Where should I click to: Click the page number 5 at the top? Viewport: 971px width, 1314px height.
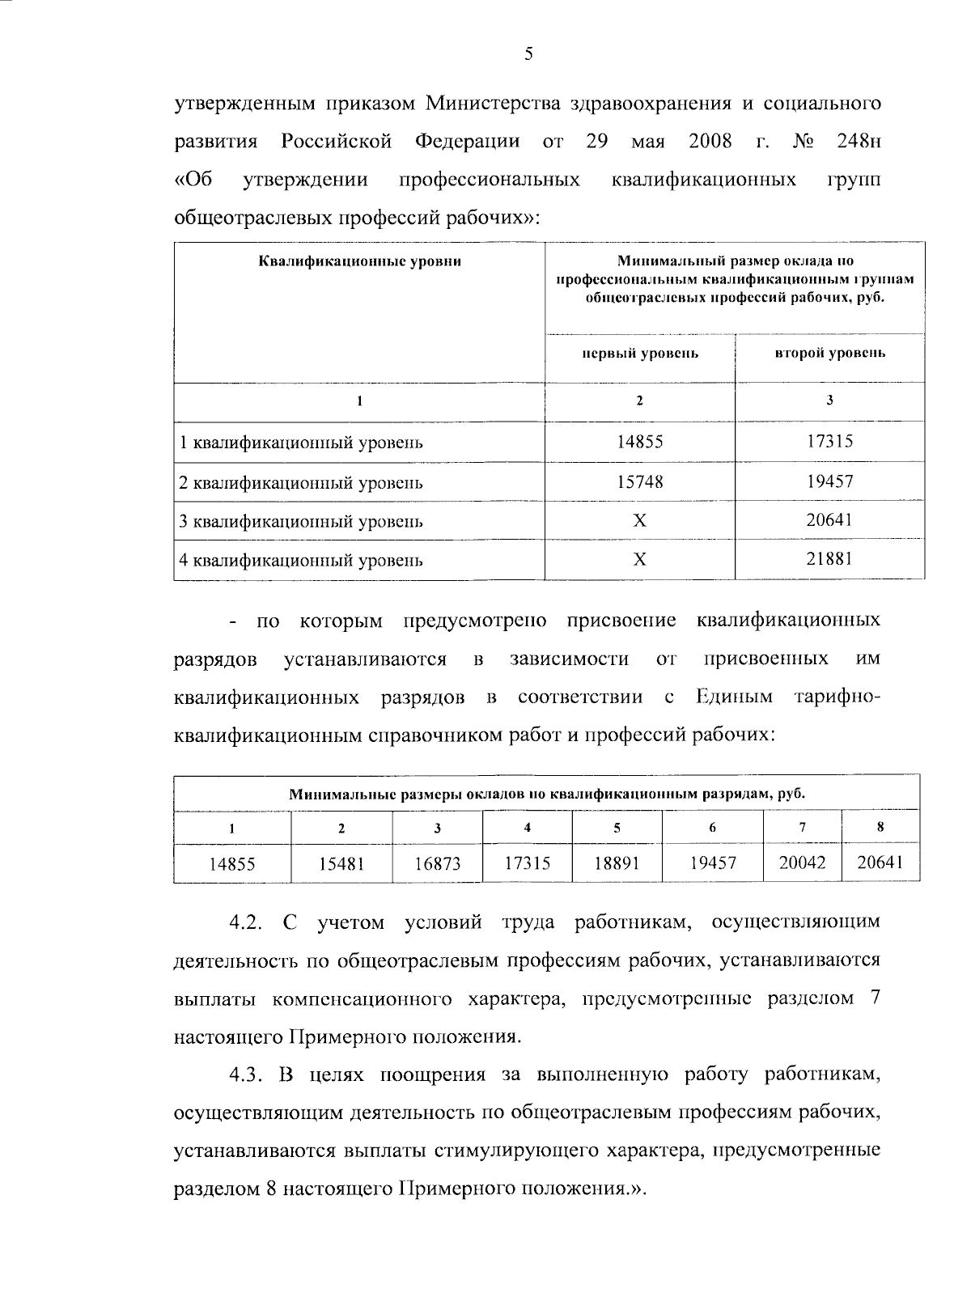click(x=528, y=55)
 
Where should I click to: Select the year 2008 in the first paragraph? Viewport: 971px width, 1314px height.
click(x=710, y=142)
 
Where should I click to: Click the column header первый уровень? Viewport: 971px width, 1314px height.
click(x=639, y=354)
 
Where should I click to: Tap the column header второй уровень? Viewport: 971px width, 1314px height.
click(x=829, y=353)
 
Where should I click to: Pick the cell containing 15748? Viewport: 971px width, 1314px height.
click(x=639, y=481)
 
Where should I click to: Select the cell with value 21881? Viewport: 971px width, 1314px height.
click(x=829, y=559)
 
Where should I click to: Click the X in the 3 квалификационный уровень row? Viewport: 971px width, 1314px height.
click(x=639, y=520)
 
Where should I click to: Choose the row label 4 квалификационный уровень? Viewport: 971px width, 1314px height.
click(x=301, y=560)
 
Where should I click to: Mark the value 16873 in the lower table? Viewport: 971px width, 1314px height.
click(x=437, y=864)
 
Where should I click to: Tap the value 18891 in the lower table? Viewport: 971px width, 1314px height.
click(x=617, y=863)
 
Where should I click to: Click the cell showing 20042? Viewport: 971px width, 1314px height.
click(x=802, y=863)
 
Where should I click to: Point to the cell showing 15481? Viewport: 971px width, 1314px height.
click(x=341, y=864)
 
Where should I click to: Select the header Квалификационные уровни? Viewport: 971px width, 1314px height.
click(x=359, y=261)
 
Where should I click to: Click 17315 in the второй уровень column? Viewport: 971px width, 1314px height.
click(x=829, y=442)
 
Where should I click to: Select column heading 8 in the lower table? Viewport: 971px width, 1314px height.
click(x=880, y=828)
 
